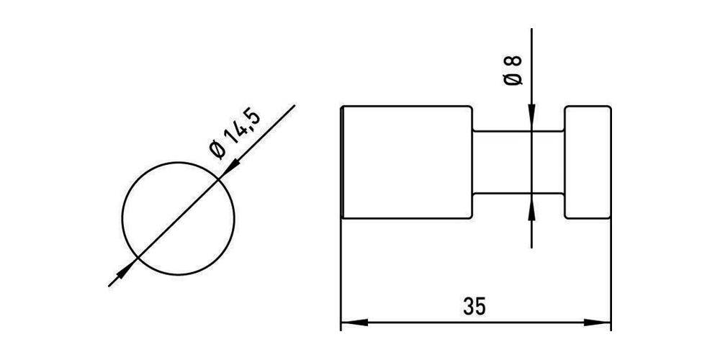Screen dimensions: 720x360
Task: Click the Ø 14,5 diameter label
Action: tap(234, 134)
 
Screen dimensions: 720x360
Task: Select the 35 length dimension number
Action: tap(474, 307)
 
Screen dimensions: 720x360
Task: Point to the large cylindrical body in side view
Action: tap(408, 163)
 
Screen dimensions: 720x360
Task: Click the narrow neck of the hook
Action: tap(518, 163)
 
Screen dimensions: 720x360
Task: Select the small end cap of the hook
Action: tap(588, 163)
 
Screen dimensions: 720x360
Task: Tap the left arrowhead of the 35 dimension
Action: tap(354, 323)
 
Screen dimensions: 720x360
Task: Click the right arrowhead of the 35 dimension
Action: tap(598, 323)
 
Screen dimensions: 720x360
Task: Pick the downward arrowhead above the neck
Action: tap(531, 117)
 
